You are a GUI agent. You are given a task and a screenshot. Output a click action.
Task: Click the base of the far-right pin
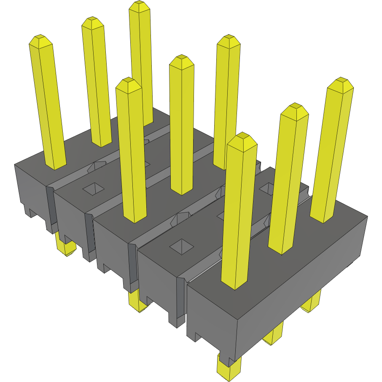323,217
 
